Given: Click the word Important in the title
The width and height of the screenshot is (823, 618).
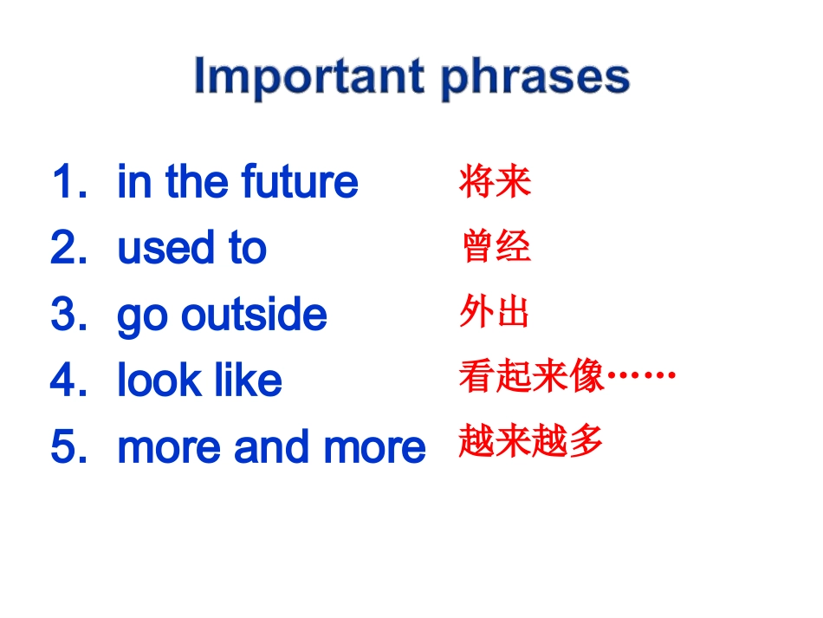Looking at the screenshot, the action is click(308, 76).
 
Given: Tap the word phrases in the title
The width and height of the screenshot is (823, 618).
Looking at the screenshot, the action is click(535, 79).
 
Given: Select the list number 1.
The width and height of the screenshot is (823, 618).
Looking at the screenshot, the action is click(69, 181).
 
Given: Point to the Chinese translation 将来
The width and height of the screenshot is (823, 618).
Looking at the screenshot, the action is click(495, 181).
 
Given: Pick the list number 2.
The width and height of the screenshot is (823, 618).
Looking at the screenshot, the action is click(68, 247).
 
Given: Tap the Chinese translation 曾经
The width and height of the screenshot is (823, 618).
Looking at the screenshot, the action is click(496, 246).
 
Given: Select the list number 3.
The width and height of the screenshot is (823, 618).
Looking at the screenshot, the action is click(68, 314).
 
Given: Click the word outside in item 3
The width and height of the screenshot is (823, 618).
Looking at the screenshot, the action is click(254, 314).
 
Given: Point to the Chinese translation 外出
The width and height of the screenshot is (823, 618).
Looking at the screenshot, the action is click(494, 311).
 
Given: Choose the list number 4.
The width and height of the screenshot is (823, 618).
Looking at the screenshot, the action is click(68, 380).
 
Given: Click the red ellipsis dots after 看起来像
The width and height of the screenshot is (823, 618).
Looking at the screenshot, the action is click(641, 375).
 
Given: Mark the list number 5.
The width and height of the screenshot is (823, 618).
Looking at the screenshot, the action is click(68, 446).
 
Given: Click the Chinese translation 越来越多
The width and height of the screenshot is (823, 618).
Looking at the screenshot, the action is click(530, 440).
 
